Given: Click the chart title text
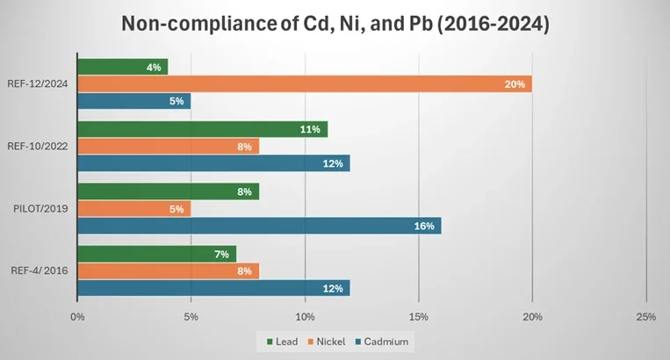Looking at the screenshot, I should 335,24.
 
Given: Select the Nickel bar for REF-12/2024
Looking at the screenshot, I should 304,84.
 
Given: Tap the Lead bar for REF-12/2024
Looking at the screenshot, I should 123,67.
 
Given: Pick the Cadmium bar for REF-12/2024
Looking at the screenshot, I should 134,101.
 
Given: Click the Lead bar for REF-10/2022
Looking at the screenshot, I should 202,129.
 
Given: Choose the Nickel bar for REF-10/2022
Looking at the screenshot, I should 168,147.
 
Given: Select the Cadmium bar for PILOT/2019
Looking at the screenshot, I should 259,226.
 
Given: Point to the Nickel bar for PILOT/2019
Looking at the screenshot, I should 134,209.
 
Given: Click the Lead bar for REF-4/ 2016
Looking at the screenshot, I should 156,254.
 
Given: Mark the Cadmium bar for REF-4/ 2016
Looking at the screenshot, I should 213,288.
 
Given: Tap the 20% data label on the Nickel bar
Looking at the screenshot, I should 515,84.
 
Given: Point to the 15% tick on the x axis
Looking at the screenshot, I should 419,316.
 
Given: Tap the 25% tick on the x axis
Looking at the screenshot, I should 645,316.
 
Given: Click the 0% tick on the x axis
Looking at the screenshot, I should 77,316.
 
